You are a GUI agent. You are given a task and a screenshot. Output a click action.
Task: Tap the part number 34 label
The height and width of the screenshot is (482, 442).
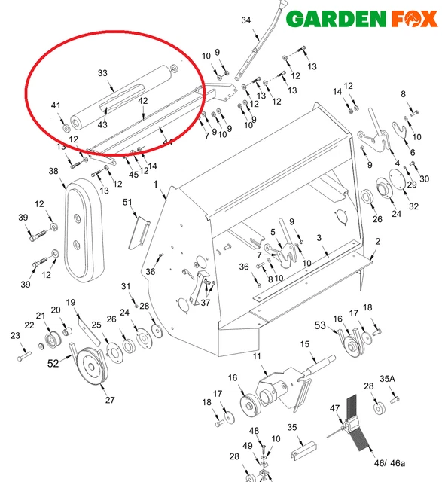coord(245,20)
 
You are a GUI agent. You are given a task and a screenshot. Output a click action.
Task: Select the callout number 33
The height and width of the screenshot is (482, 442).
coord(102,73)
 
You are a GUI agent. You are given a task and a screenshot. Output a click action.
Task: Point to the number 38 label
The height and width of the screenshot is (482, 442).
coord(53,171)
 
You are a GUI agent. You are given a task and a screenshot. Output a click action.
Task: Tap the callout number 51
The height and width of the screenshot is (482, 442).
coord(127,202)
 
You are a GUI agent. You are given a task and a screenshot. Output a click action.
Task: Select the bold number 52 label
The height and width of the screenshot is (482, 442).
coord(53,363)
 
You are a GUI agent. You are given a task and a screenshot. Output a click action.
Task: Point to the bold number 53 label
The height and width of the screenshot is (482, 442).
coord(321,325)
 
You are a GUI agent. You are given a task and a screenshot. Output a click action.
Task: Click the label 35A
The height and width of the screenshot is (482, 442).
coord(387,378)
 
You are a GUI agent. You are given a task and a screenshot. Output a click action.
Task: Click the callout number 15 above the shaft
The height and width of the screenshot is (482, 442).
coord(305,344)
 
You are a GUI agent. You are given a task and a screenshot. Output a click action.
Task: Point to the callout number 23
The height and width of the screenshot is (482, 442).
coord(14,336)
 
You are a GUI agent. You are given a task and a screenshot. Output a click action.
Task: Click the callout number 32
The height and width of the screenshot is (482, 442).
coord(413,206)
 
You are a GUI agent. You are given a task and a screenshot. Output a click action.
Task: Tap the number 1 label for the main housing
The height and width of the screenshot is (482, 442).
coord(155,185)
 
